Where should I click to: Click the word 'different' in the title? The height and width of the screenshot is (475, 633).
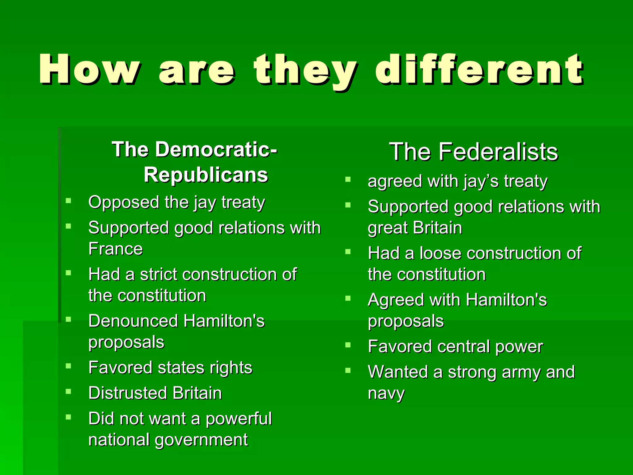pos(479,70)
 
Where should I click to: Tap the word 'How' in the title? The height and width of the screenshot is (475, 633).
pos(90,70)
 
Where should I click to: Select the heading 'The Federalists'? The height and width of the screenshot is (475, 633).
pos(474,152)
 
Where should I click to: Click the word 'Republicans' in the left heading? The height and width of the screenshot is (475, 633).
pos(206,175)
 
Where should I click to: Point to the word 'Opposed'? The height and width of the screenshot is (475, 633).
pos(123,203)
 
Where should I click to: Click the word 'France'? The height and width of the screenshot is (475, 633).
pos(116,249)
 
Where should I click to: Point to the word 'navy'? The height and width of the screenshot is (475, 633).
pos(386,394)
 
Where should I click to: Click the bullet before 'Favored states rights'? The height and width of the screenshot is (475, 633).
pos(69,366)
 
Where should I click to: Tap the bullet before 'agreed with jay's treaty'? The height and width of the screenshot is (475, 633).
pos(348,179)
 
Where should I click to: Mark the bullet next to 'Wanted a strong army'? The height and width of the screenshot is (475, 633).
pos(348,370)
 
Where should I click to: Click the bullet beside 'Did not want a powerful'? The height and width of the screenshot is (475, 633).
pos(69,417)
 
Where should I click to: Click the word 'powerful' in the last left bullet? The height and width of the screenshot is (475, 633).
pos(239,419)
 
